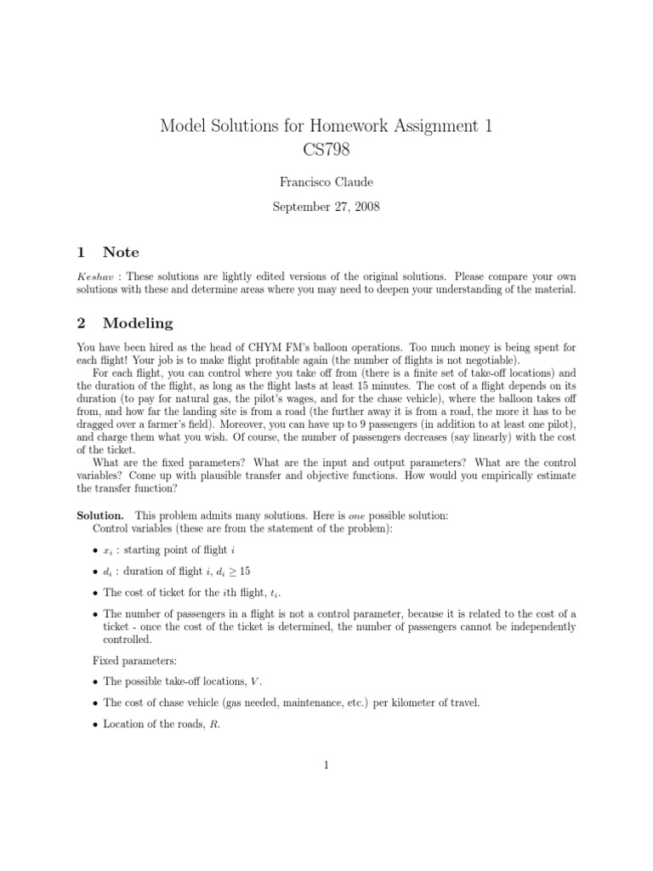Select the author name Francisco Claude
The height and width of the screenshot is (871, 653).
tap(326, 182)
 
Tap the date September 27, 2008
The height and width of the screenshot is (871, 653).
tap(326, 206)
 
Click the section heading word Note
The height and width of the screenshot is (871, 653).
tap(121, 252)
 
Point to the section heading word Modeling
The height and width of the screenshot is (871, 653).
tap(137, 323)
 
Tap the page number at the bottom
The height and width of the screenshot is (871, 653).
tap(326, 765)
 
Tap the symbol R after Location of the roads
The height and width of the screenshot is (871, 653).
tap(203, 724)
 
